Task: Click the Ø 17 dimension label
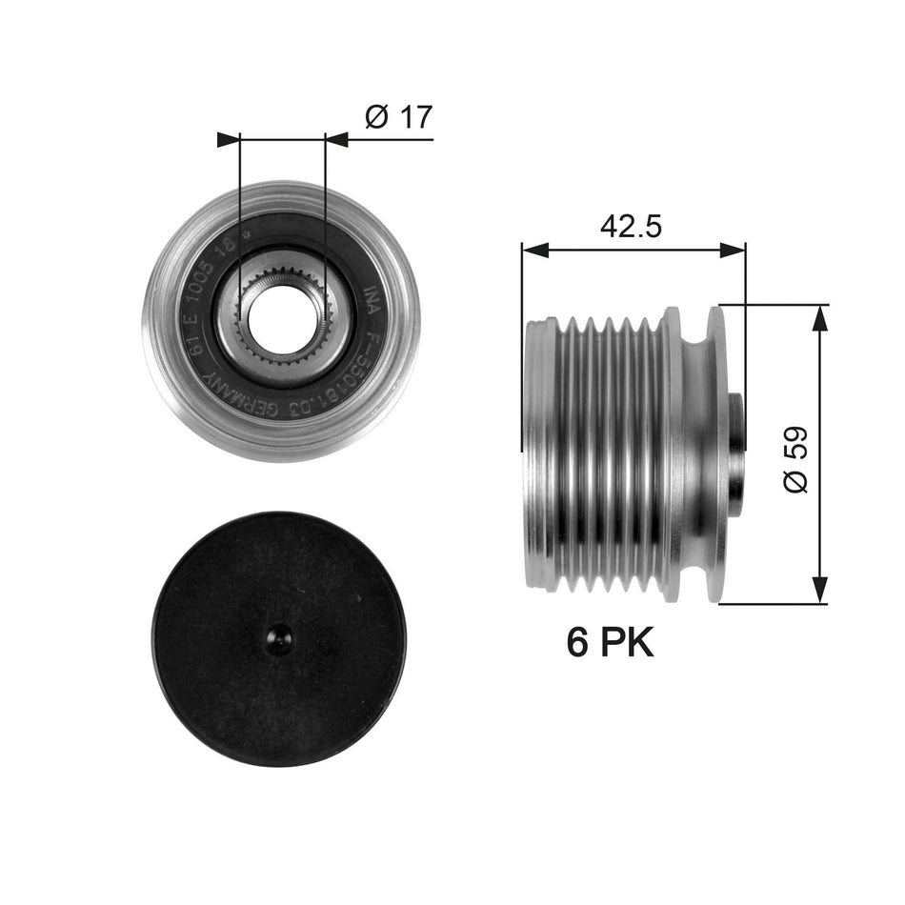[398, 117]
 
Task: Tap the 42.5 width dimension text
[632, 226]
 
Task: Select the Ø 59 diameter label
[795, 458]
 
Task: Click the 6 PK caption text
[610, 644]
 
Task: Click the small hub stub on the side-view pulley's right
[735, 455]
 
